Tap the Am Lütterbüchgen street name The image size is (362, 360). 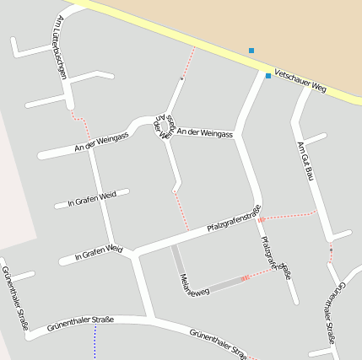59,46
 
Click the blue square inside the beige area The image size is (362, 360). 251,51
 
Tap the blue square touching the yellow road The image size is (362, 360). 268,76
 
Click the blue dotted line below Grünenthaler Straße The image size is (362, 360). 95,341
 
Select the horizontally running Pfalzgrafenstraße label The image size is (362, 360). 233,219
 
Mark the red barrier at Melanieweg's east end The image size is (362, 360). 245,277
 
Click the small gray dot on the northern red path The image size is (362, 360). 181,78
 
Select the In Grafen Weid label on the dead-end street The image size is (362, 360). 91,200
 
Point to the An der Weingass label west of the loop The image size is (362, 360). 100,141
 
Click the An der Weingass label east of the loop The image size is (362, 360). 205,133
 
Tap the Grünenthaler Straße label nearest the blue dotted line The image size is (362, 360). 80,321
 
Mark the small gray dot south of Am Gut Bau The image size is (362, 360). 331,250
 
